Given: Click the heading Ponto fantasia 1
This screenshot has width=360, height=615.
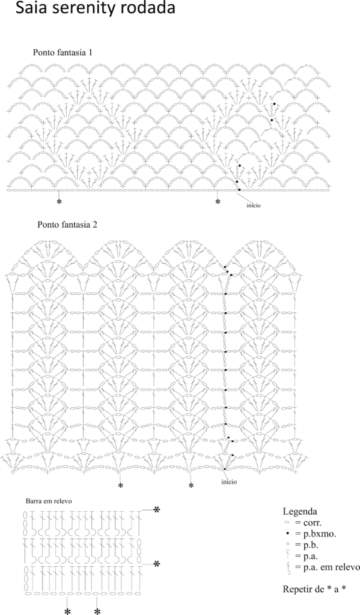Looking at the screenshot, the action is click(x=63, y=52).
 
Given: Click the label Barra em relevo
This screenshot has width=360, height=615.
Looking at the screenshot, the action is click(x=49, y=501).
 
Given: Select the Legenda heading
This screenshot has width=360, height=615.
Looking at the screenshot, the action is click(x=300, y=512).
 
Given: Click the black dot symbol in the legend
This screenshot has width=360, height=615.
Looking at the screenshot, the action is click(x=288, y=534).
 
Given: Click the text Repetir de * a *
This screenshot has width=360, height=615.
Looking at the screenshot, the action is click(x=314, y=589).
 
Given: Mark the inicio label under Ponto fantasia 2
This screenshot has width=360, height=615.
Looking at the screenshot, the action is click(x=229, y=482).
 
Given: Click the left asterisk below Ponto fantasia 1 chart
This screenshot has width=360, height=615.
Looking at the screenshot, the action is click(x=59, y=202).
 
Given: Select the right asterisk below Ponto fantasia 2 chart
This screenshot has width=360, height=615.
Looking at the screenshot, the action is click(x=191, y=486).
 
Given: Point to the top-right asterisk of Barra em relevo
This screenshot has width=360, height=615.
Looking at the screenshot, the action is click(x=157, y=510).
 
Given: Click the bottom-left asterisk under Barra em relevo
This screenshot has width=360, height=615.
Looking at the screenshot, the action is click(x=67, y=611).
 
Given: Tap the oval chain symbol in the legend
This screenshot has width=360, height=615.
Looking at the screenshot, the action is click(x=288, y=523).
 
